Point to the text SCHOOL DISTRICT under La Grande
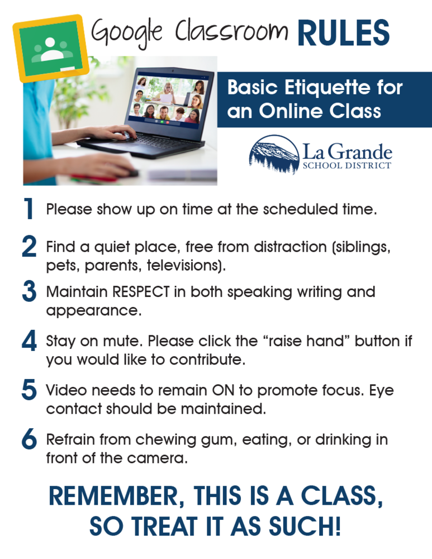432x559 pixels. (346, 165)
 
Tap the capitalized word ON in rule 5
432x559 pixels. (225, 390)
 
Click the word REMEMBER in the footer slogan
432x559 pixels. (117, 496)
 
